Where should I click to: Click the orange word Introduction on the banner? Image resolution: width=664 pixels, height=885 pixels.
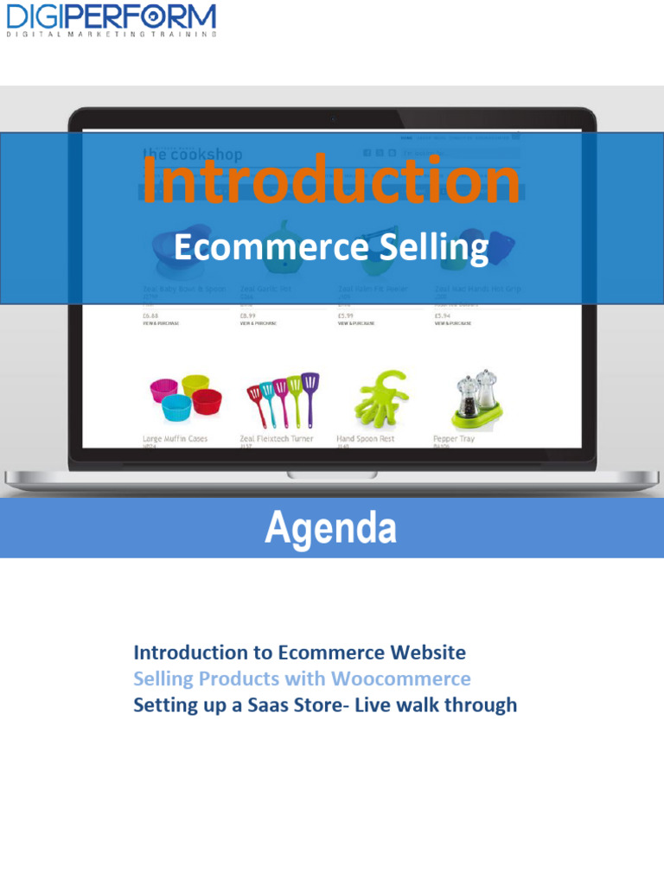pos(331,181)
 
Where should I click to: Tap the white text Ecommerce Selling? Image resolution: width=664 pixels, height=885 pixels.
pos(331,248)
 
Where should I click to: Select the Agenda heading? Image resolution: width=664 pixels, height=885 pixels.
pos(331,528)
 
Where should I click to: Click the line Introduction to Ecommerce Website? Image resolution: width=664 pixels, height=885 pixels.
pos(299,652)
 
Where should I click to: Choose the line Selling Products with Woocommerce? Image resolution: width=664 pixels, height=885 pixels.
pos(302,678)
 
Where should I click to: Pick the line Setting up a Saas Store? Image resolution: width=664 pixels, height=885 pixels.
pos(324,705)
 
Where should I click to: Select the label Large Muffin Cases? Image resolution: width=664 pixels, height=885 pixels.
pos(175,439)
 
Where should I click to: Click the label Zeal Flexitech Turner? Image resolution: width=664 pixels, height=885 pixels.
pos(277,439)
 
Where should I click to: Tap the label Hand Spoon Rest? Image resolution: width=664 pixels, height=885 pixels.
pos(365,439)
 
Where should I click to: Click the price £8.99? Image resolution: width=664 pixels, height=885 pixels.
pos(248,315)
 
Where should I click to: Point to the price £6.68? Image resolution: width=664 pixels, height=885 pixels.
pos(150,315)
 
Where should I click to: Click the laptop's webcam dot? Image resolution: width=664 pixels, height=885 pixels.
pos(331,118)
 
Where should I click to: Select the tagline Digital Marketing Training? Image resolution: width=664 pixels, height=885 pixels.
pos(111,35)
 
